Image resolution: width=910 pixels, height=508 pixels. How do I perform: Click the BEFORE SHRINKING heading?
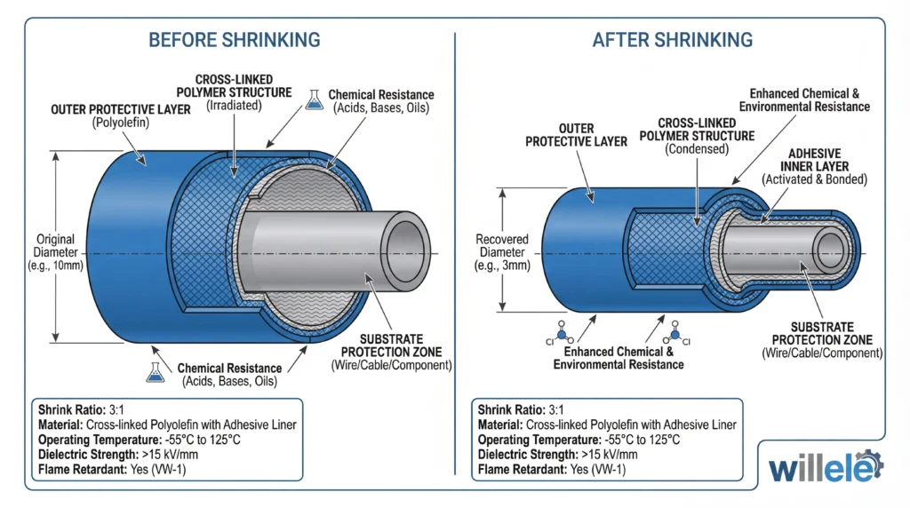[x=235, y=40]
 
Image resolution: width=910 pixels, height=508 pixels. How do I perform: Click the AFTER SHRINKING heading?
[x=673, y=40]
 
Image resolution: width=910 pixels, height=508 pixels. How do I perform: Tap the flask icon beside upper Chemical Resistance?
[x=313, y=100]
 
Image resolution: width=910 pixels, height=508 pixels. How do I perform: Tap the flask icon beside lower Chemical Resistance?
[x=158, y=373]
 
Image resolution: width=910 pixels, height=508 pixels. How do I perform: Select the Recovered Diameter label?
[x=502, y=252]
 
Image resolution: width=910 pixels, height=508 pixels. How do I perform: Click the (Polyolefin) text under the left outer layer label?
[x=122, y=123]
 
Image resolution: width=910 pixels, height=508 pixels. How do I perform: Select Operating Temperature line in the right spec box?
[x=579, y=439]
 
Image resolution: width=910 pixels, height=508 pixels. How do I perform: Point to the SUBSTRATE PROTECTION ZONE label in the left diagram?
[x=391, y=345]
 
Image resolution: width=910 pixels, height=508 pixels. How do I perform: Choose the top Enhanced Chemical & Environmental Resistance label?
[x=810, y=99]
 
